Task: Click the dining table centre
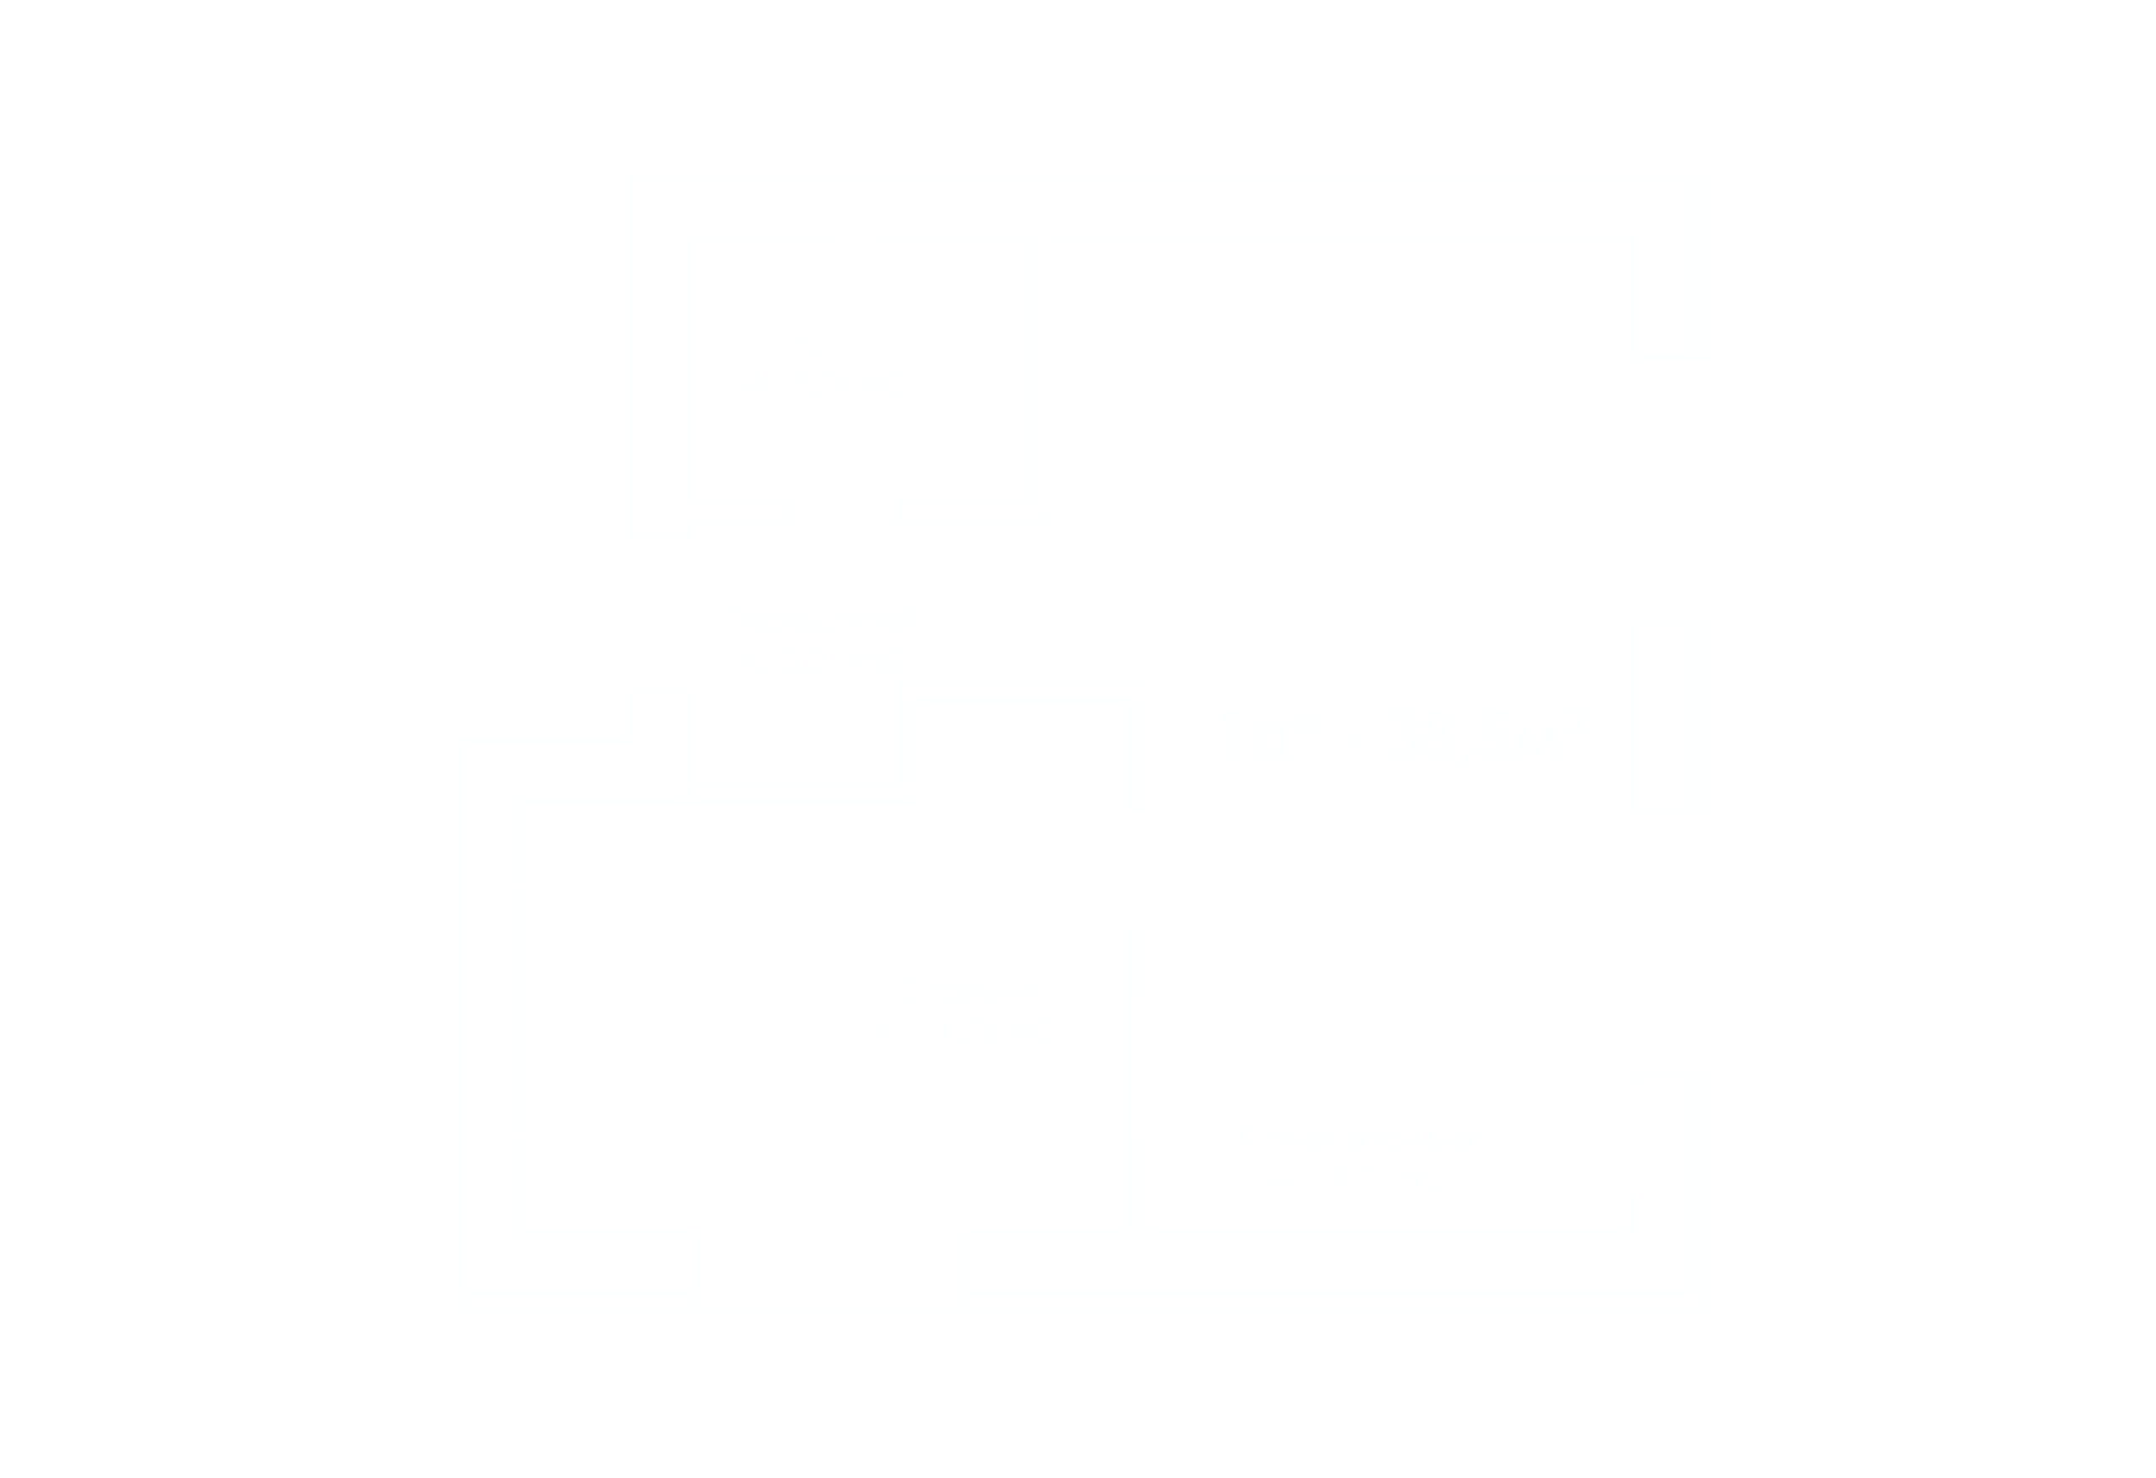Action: click(1391, 511)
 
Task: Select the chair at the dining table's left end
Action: click(1257, 511)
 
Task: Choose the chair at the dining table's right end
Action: click(1527, 511)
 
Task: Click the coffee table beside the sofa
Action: click(1425, 1021)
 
